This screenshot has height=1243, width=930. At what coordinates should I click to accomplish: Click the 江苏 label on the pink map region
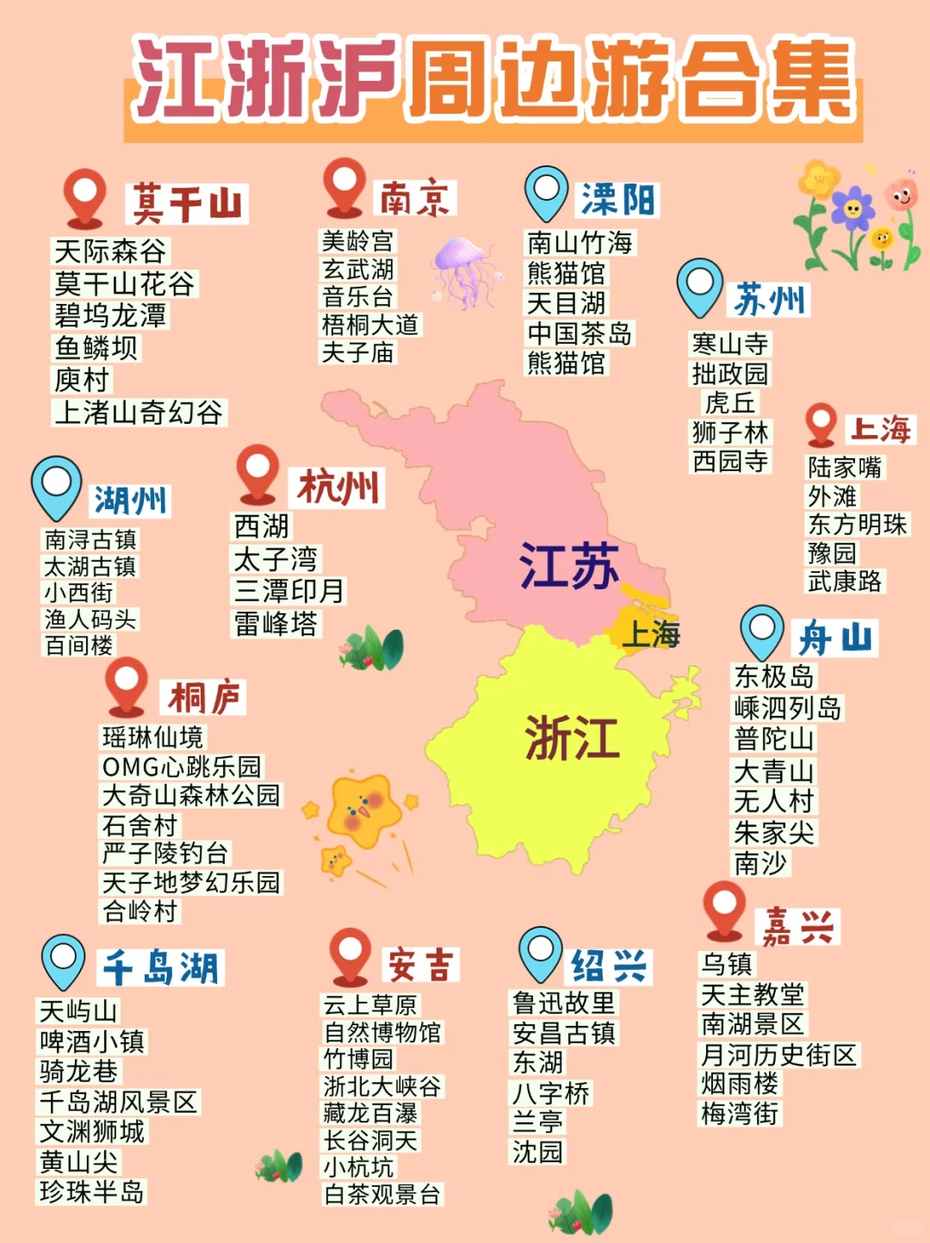pos(568,566)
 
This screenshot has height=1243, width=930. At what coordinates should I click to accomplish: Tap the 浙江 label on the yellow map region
pos(572,738)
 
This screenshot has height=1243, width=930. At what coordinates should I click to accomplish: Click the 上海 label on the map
pos(651,634)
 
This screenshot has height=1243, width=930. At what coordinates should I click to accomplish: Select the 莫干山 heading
pos(187,204)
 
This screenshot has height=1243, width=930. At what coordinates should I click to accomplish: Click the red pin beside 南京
pos(344,185)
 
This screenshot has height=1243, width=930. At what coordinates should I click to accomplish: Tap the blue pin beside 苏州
pos(699,287)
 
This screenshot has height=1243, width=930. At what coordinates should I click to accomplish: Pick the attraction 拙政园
pos(730,373)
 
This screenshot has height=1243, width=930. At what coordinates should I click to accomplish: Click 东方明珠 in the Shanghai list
pos(857,524)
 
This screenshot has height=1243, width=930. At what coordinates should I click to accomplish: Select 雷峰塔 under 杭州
pos(276,623)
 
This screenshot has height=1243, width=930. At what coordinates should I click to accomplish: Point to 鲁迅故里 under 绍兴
pos(564,1003)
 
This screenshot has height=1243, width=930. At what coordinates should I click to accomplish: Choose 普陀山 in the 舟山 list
pos(773,739)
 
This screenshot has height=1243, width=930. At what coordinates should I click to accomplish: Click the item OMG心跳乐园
pos(181,766)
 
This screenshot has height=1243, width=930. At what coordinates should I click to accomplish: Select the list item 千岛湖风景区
pos(119,1102)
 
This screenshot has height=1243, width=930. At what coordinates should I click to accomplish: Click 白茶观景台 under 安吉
pos(381,1194)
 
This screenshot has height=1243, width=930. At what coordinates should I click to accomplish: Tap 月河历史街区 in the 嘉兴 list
pos(778,1054)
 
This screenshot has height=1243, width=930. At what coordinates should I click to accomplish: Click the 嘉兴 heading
pos(797,927)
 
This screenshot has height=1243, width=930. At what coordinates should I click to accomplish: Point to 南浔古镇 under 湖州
pos(90,539)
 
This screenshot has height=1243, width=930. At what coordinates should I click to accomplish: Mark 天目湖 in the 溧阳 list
pos(567,302)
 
